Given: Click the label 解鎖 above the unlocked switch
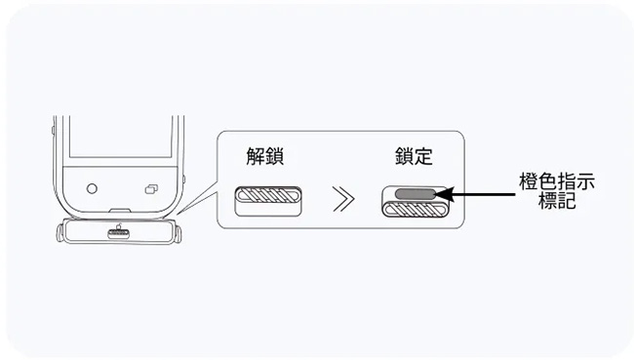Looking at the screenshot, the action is pos(265,156).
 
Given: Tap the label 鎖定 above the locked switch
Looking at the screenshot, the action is pos(414,156).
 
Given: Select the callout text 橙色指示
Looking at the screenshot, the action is pos(557,182).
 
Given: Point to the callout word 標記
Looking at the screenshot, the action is pos(557,201).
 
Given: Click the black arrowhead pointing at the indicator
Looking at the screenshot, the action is pos(444,194).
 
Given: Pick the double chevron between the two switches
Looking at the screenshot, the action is pos(343,199).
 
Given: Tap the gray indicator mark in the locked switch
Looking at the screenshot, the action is pos(415,194).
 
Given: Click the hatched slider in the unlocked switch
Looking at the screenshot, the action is pos(268,195).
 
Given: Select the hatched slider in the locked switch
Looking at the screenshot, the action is pos(416,210).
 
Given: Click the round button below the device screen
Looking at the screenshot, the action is pos(92,189).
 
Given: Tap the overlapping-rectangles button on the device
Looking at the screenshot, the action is pos(151,189).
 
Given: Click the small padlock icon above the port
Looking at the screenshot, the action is pos(119,226).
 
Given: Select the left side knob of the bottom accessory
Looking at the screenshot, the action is pos(60,233).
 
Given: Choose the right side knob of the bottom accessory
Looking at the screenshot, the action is pos(178,234).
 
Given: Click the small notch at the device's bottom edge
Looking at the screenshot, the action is pos(120,211).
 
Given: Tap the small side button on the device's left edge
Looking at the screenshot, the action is pos(53,131).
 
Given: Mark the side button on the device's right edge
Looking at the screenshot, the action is pos(184,180).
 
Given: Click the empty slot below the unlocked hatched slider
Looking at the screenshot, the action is pos(267,209).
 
